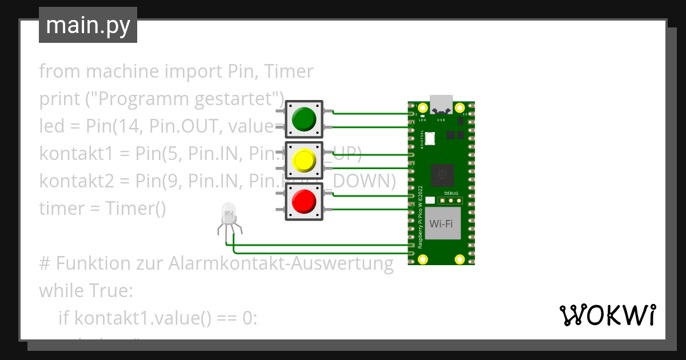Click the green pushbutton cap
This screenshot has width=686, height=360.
coord(304,119)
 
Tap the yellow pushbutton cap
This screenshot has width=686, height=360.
coord(304,161)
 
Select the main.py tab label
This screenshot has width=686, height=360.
coord(88,25)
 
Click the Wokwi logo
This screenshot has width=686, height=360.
coord(607,315)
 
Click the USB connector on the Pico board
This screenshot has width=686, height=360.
coord(441,104)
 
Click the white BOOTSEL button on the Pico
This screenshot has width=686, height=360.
coord(430,138)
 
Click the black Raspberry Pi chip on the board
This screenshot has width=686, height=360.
coord(442,175)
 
